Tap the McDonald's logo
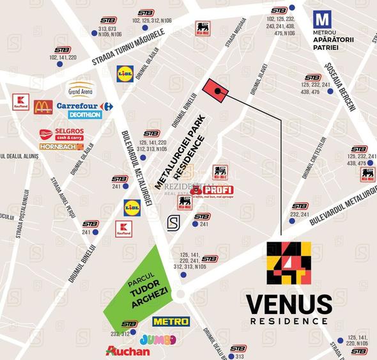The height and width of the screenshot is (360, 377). pyautogui.click(x=43, y=106)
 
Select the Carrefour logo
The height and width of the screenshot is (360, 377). pyautogui.click(x=84, y=106)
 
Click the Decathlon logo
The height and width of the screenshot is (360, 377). pyautogui.click(x=85, y=115)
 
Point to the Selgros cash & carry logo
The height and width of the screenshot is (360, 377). pyautogui.click(x=61, y=134)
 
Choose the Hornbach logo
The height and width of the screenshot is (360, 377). pyautogui.click(x=61, y=146)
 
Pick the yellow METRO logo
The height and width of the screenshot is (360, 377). pyautogui.click(x=171, y=321)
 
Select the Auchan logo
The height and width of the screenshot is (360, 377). pyautogui.click(x=128, y=351)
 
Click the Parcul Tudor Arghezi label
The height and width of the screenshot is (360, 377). pyautogui.click(x=137, y=285)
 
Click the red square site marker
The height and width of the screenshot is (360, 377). pyautogui.click(x=215, y=91)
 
